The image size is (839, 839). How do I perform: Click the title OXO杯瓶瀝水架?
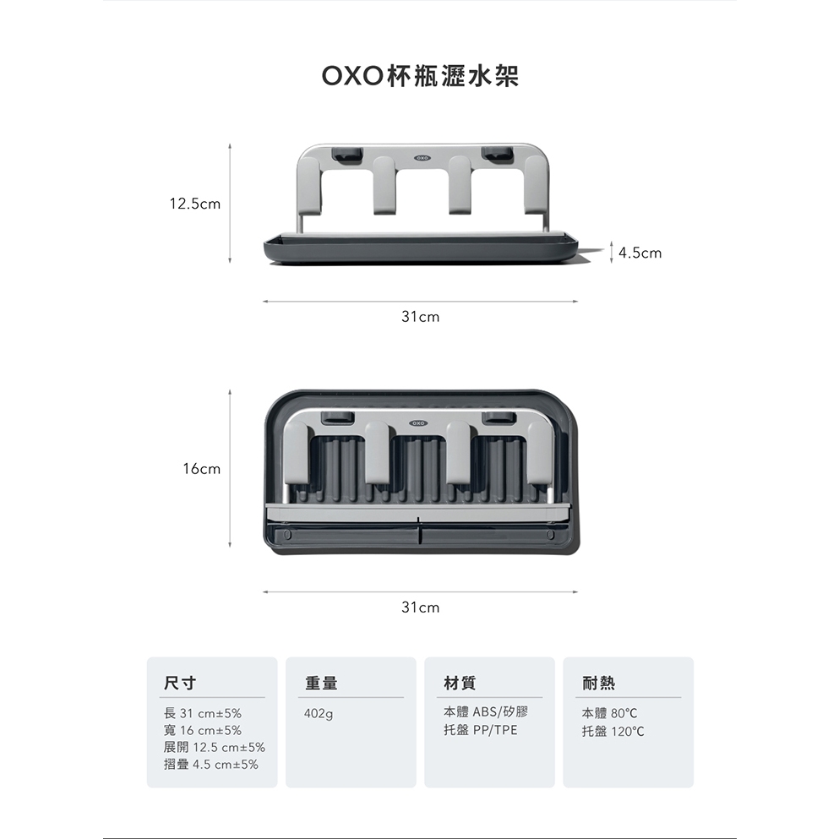coord(420,77)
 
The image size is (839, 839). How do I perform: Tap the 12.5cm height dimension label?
coord(194,204)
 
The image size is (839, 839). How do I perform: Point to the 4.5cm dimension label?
coord(640,253)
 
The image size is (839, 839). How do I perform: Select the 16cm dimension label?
coord(201,468)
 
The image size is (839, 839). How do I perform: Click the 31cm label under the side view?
coord(420,318)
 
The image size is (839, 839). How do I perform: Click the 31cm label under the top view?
coord(420,607)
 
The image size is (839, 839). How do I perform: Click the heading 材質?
coord(460,682)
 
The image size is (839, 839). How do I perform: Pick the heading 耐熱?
coord(598,682)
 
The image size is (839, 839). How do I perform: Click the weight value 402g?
coord(319,714)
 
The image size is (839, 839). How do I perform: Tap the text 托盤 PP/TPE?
coord(480,730)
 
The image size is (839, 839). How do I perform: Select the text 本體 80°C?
coord(609,713)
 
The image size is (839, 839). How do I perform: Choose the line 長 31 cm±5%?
coord(202,713)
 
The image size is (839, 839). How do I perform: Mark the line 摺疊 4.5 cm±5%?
coord(210,765)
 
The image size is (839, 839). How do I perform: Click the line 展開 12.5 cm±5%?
coord(214,748)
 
